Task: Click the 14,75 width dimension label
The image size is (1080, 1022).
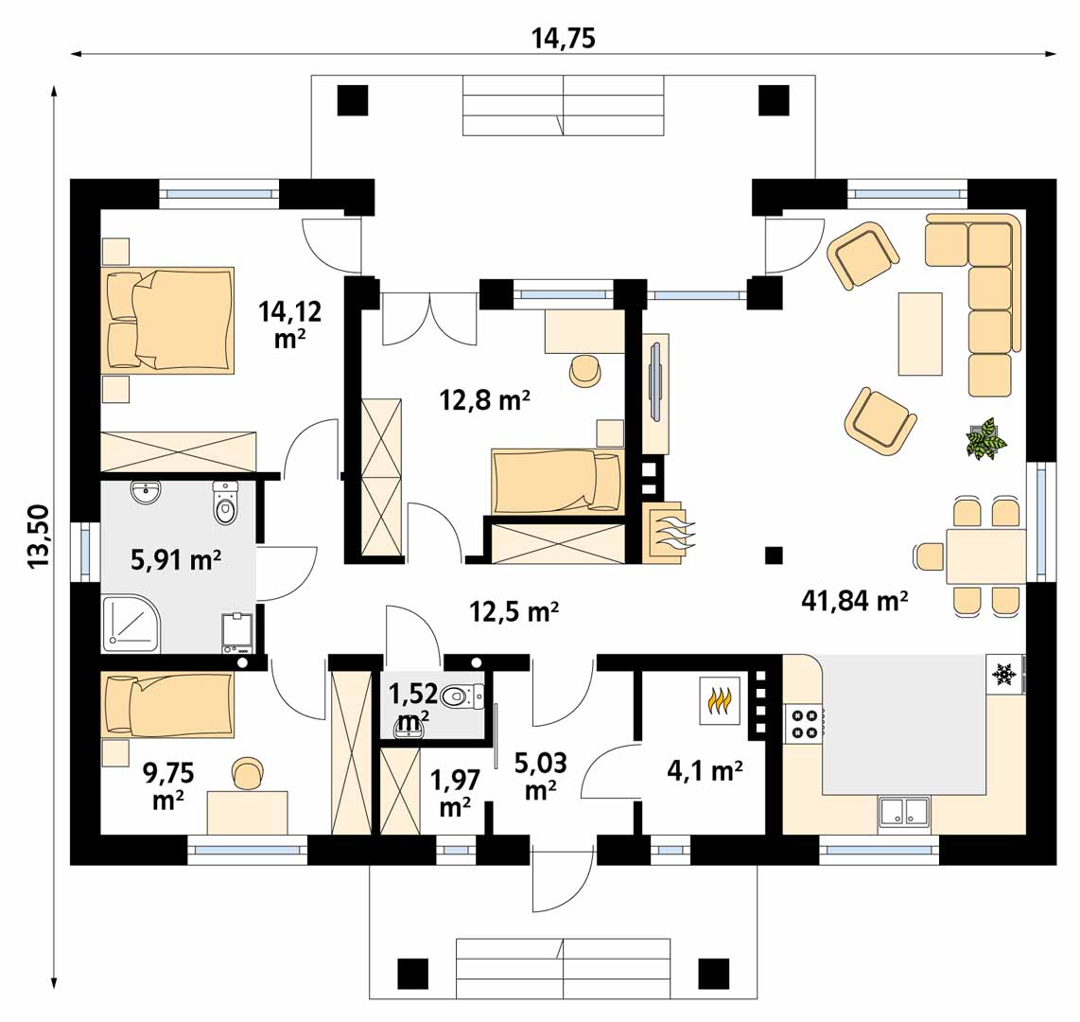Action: click(x=563, y=39)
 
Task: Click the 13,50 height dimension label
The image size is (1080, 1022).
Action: click(x=40, y=537)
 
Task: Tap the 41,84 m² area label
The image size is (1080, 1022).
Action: click(x=854, y=601)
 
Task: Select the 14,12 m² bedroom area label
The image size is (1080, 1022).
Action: click(x=290, y=325)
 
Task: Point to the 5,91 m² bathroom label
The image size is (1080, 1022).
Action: click(x=176, y=559)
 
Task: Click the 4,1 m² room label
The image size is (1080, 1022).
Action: click(x=705, y=769)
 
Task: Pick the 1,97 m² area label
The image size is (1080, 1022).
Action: click(x=455, y=792)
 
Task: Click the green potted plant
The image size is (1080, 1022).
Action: click(x=985, y=437)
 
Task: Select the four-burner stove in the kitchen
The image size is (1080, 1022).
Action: click(x=805, y=723)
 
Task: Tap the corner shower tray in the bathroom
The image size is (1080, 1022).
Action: click(x=131, y=624)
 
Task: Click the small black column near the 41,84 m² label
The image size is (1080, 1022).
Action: click(x=774, y=555)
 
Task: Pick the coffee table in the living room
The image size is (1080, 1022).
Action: click(x=920, y=333)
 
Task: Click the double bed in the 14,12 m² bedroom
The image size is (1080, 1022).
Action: click(x=170, y=320)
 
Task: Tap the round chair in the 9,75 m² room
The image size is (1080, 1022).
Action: click(x=248, y=772)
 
